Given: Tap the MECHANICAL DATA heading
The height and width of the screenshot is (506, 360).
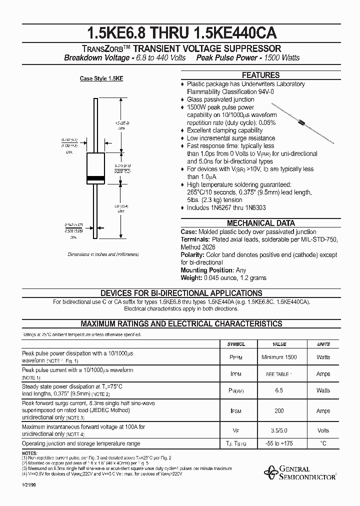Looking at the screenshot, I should point(260,223).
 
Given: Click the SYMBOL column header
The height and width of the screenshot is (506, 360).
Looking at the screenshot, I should point(236,344).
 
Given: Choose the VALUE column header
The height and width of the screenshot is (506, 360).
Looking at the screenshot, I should point(279,344).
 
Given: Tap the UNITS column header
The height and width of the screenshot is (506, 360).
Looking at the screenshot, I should point(323,344).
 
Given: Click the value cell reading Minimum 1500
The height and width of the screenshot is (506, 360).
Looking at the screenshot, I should point(279,357).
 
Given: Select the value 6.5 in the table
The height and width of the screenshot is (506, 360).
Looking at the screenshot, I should point(279,390).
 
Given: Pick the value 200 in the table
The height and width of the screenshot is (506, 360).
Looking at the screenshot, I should point(279,411).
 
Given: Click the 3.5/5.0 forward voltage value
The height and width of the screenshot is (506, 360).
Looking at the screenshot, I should point(279,430).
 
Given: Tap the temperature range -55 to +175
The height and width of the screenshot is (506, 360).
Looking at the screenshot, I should point(279,443).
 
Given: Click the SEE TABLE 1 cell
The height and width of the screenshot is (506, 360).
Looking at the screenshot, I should point(279,374).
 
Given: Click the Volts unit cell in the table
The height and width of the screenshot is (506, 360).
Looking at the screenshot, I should point(323,430).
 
